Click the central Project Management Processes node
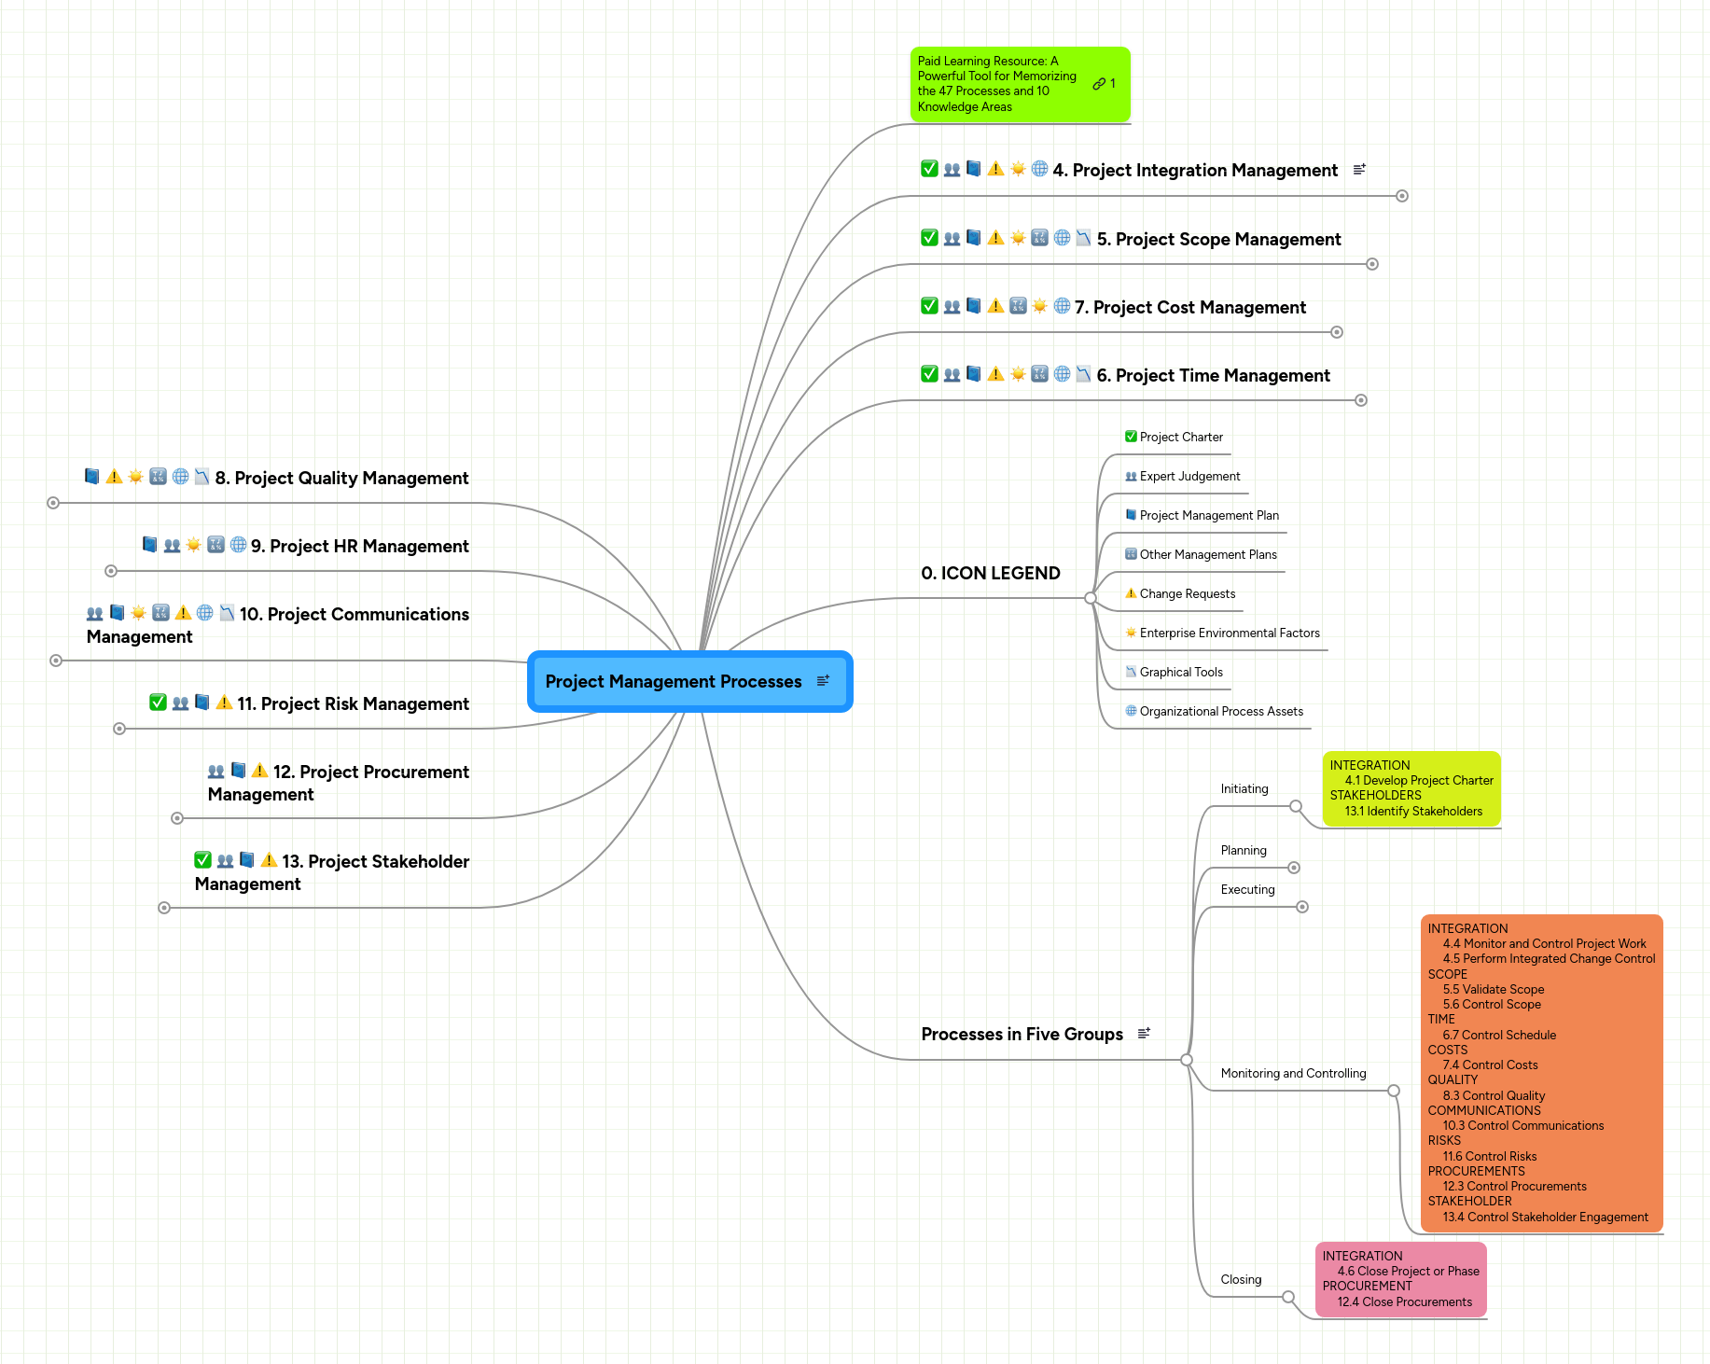point(673,682)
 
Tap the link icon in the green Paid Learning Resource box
point(1099,84)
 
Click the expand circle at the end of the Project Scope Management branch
point(1372,264)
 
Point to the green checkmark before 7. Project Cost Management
point(929,306)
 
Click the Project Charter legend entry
point(1181,438)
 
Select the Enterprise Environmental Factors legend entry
point(1229,633)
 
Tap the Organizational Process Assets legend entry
point(1220,712)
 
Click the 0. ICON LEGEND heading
point(990,574)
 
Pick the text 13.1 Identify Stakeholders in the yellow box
point(1412,812)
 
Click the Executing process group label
point(1247,890)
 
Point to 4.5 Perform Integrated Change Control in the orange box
point(1548,959)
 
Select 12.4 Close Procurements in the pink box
point(1404,1302)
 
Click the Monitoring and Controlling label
point(1293,1074)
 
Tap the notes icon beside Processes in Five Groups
point(1144,1034)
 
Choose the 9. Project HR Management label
point(359,547)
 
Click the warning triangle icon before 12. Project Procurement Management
point(259,771)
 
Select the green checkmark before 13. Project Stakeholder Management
point(202,860)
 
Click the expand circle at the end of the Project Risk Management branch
point(119,729)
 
